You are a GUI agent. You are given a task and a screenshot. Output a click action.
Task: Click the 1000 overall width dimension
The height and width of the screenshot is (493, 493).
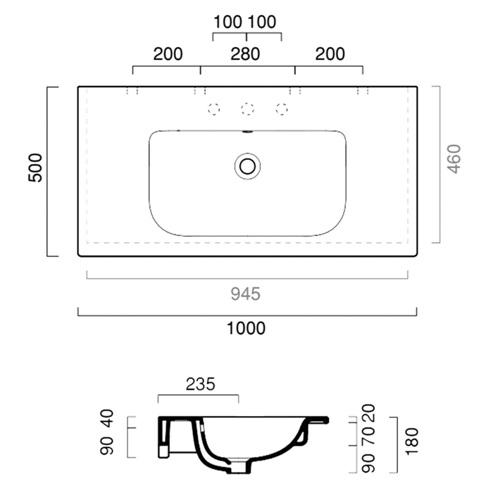point(246,328)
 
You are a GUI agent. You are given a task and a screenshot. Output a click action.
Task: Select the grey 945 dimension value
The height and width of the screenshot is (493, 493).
point(246,294)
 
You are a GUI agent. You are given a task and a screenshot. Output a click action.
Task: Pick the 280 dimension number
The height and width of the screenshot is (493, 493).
point(246,54)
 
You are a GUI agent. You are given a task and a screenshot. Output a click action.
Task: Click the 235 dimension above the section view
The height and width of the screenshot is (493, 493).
point(200,385)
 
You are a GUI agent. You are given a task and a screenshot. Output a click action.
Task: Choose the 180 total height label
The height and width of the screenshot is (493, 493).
point(413,441)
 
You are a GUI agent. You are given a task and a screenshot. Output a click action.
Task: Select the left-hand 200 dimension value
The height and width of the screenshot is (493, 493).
point(168,54)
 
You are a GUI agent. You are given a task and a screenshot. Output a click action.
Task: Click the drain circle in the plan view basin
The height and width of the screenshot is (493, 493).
point(247,166)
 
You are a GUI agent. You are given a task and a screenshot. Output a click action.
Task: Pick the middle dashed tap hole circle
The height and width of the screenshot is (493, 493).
point(247,108)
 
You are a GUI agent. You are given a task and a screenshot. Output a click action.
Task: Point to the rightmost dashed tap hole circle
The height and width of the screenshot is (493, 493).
point(282,108)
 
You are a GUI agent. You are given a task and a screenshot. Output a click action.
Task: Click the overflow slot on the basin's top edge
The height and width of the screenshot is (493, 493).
point(247,131)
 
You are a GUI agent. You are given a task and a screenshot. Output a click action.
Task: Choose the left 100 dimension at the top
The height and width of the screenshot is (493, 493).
point(227,22)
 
